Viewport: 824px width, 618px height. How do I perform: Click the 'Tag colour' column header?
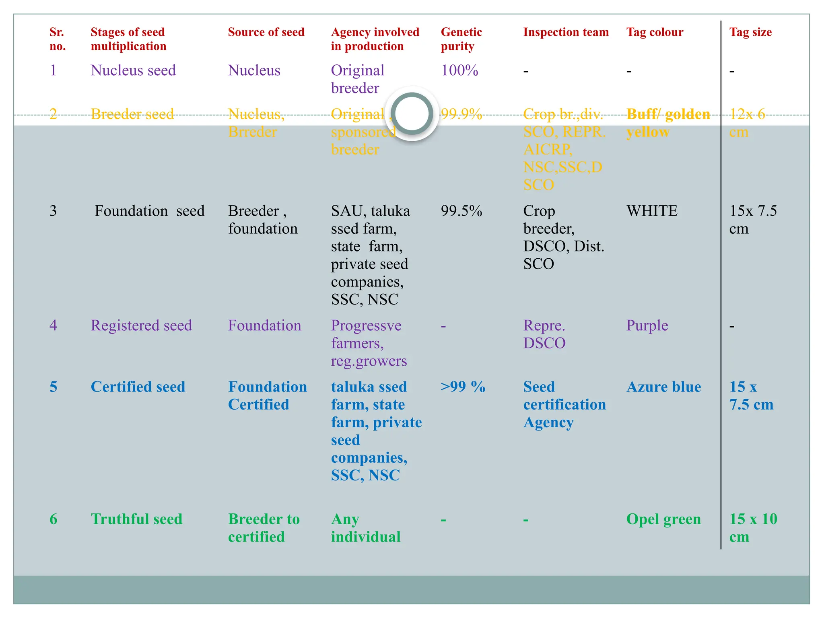point(655,32)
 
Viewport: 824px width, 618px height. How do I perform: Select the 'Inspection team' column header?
point(566,32)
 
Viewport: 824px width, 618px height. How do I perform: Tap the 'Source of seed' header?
point(266,32)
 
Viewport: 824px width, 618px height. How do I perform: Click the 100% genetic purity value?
point(459,70)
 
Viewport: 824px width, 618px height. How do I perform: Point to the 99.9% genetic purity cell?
point(461,114)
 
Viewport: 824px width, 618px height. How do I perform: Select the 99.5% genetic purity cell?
point(461,211)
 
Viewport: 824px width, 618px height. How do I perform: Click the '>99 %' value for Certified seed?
point(463,387)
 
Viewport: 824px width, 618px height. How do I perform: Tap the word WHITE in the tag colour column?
point(652,211)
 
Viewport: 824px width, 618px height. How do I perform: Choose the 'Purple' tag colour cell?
point(647,325)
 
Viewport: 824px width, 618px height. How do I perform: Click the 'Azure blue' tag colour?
point(663,387)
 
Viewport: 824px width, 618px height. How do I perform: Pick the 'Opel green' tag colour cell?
point(663,519)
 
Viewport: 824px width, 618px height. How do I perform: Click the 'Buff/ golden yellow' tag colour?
point(668,123)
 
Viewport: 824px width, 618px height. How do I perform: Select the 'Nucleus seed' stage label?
point(133,70)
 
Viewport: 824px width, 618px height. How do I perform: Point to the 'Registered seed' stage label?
point(141,325)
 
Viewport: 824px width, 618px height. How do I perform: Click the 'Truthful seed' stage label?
point(136,519)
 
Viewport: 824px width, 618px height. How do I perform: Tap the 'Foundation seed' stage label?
point(149,211)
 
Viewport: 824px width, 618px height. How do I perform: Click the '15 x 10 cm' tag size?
point(753,527)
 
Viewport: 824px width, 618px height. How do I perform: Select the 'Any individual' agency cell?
point(365,527)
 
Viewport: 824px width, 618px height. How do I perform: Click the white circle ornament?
point(412,113)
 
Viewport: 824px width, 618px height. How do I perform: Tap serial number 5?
point(54,387)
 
